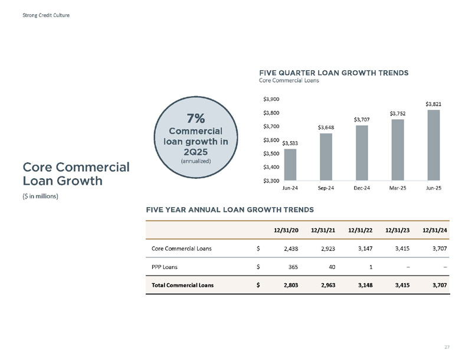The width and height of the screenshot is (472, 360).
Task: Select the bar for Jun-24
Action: [x=290, y=165]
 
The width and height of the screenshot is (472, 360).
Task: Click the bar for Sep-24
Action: [x=326, y=157]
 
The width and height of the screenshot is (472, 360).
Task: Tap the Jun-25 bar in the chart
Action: [x=434, y=145]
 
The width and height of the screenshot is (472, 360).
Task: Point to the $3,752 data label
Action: [x=398, y=113]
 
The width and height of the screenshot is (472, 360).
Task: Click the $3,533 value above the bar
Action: [x=290, y=143]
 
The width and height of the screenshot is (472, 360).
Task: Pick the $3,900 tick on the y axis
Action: [x=271, y=99]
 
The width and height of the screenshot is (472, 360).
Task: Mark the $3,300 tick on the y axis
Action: [x=271, y=181]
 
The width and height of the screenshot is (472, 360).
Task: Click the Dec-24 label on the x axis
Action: [x=362, y=188]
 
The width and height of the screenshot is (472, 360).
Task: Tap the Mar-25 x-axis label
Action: [x=398, y=188]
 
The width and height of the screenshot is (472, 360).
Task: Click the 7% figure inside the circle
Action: [x=196, y=118]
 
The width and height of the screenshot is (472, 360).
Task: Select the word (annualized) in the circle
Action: [x=196, y=161]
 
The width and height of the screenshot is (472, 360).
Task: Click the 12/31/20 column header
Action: [x=286, y=230]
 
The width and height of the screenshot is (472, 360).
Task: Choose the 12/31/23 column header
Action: [x=397, y=230]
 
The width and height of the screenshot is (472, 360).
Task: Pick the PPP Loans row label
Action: [x=165, y=267]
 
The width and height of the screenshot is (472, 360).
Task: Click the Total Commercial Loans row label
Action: [x=182, y=285]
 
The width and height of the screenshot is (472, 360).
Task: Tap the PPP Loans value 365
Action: [x=293, y=267]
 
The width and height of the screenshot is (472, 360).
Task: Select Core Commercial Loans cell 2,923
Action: [x=328, y=248]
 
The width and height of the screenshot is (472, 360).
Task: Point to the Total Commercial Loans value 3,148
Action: [x=365, y=285]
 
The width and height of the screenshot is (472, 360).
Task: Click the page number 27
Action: [x=447, y=347]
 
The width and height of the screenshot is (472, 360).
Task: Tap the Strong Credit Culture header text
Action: [x=46, y=15]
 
